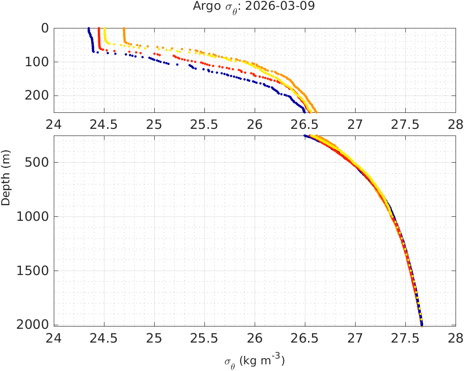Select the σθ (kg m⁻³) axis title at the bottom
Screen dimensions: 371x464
(255, 360)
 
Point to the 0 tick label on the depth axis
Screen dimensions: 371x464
(44, 28)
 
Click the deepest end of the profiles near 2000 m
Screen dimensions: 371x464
(422, 324)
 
